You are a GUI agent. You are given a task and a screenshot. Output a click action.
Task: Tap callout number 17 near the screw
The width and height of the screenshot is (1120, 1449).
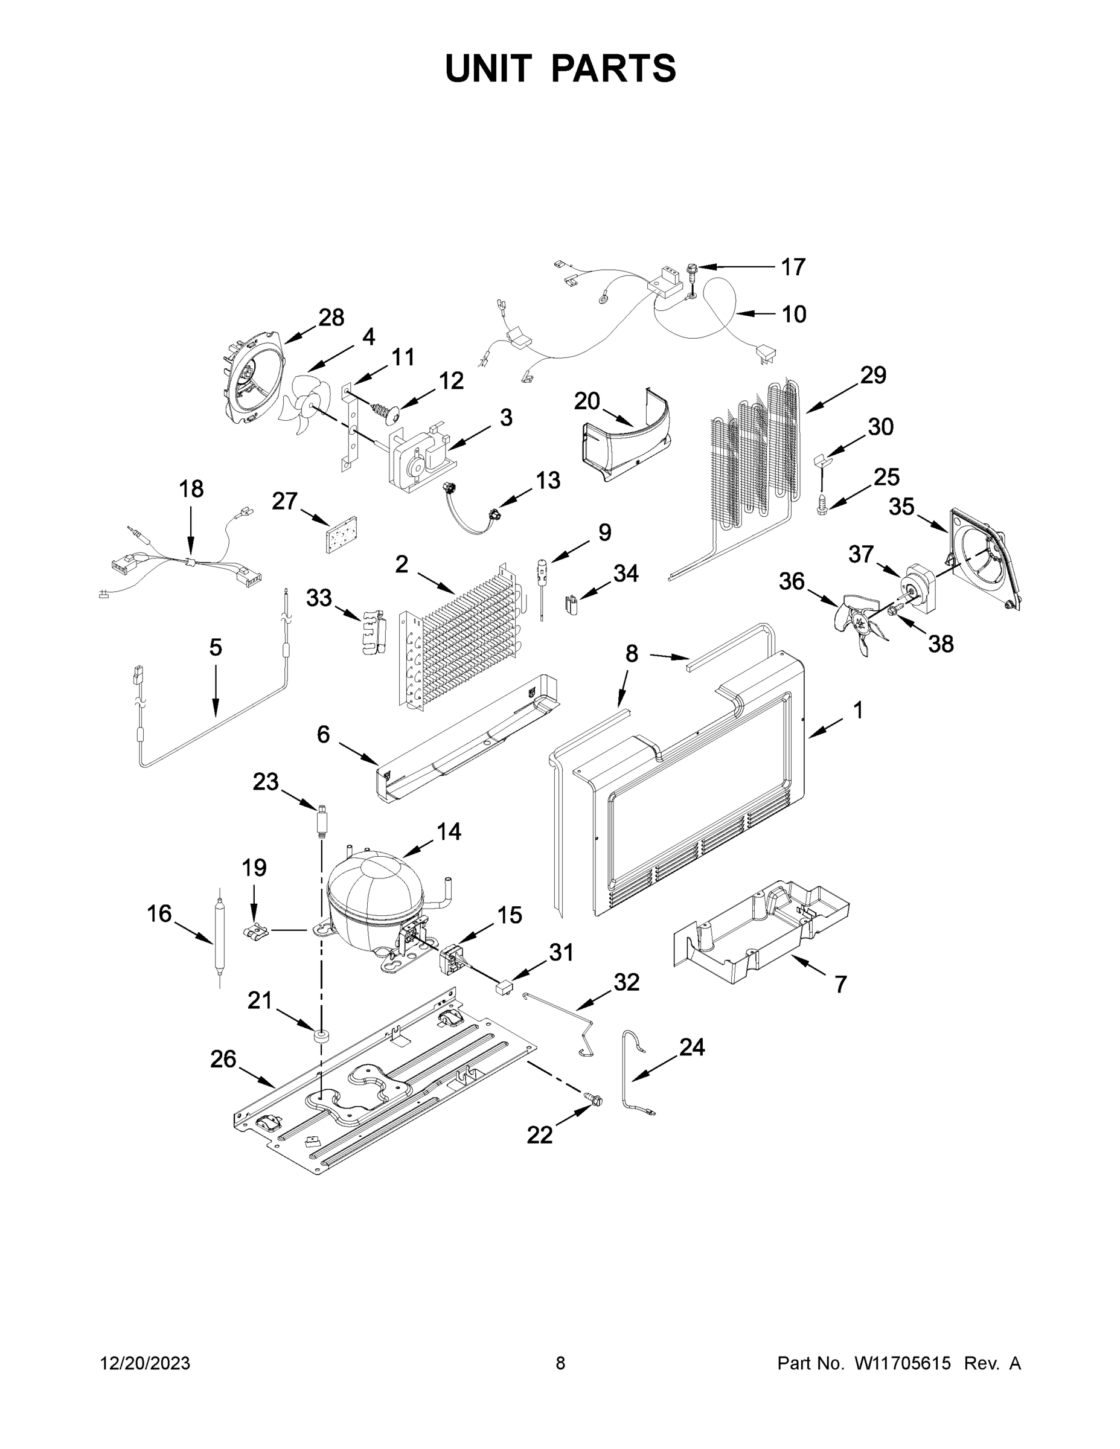(793, 267)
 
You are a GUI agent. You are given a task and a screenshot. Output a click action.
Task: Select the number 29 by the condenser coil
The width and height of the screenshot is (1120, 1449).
(873, 376)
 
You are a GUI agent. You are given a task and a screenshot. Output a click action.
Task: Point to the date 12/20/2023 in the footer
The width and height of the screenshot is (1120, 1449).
(145, 1363)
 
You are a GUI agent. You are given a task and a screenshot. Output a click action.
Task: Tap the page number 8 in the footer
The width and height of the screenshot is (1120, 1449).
(560, 1363)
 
